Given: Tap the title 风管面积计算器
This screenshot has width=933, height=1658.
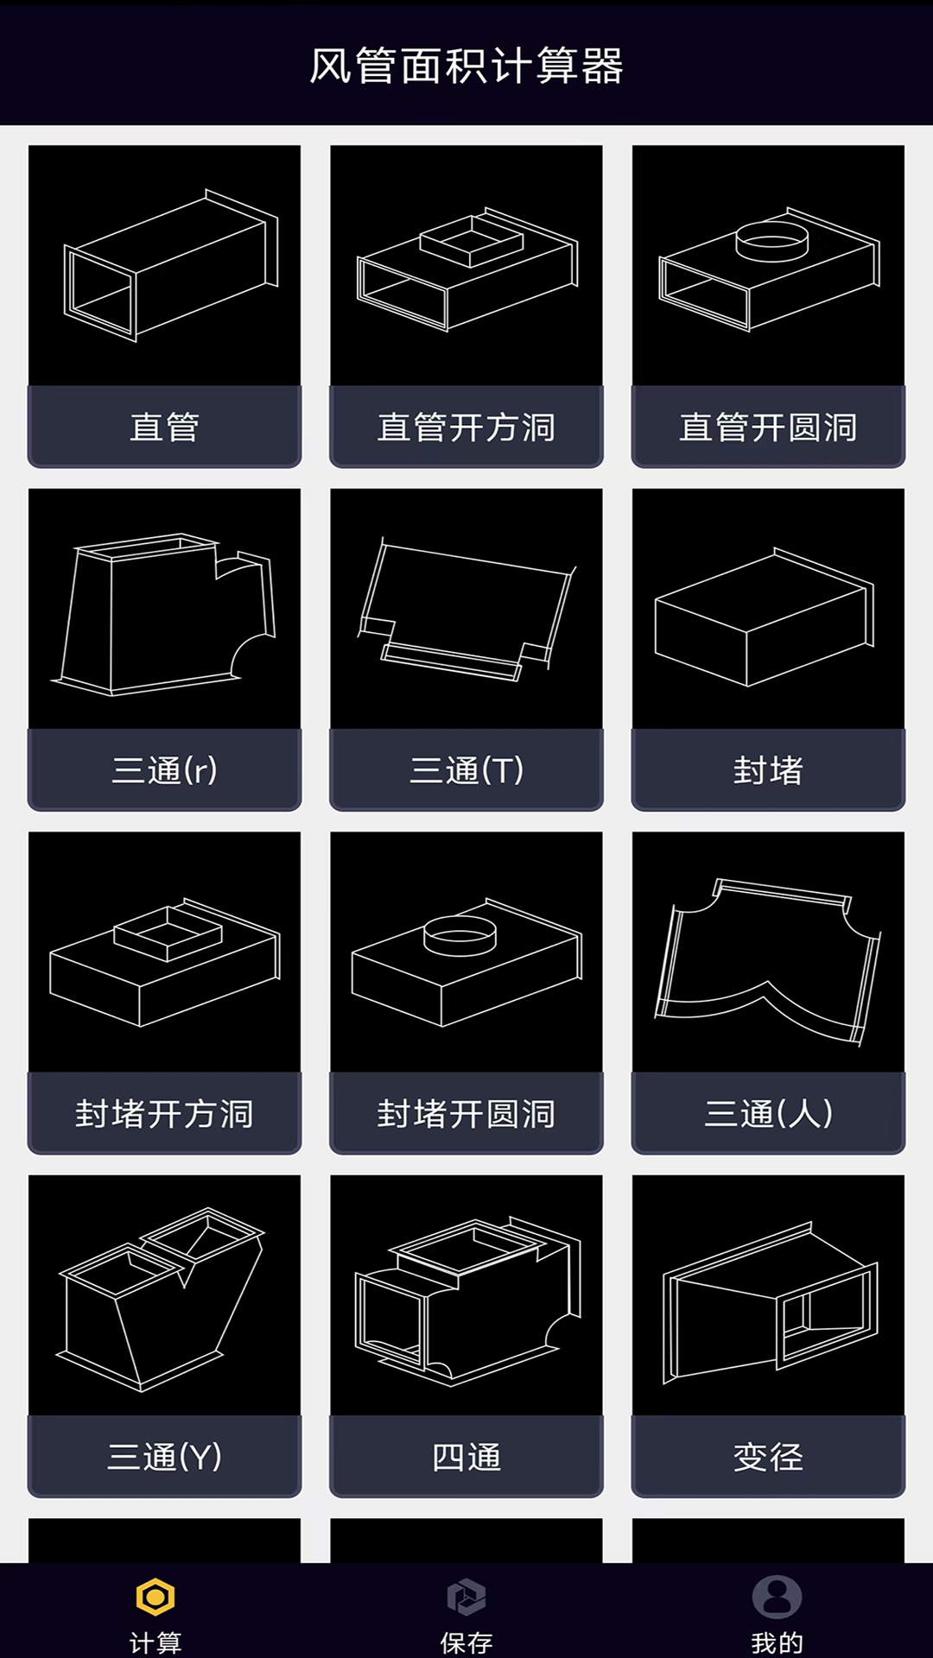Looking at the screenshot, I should tap(466, 66).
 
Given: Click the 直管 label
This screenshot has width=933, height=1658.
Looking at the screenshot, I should tap(164, 427).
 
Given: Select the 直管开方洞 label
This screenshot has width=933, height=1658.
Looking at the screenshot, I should tap(466, 427).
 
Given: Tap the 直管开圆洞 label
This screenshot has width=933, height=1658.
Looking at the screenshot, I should tap(768, 427).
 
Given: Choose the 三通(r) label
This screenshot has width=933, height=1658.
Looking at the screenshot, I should tap(164, 770).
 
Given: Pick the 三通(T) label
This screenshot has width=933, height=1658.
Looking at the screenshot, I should tap(466, 770).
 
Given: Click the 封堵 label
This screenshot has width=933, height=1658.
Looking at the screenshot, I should tap(768, 770).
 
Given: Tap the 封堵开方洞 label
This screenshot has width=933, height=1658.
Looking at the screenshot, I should tap(164, 1114).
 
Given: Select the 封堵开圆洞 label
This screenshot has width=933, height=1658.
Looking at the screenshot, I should tap(466, 1114).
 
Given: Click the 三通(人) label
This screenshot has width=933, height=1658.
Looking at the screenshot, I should tap(768, 1114).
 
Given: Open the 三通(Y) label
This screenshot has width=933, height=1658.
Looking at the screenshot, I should tap(164, 1457).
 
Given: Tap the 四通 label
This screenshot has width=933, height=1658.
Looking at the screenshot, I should tap(466, 1457).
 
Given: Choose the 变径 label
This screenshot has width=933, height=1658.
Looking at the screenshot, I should tap(768, 1457).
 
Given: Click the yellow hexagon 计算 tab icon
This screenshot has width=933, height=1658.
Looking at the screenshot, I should tap(155, 1598).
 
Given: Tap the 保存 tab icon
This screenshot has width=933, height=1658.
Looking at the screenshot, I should tap(466, 1598).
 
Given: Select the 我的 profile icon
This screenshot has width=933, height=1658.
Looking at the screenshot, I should tap(777, 1598).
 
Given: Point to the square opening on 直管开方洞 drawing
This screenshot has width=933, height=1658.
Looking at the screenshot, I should tap(472, 239).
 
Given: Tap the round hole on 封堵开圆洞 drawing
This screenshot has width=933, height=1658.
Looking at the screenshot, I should tap(460, 935).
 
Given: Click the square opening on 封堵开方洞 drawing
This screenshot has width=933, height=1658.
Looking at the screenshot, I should tap(168, 933).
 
